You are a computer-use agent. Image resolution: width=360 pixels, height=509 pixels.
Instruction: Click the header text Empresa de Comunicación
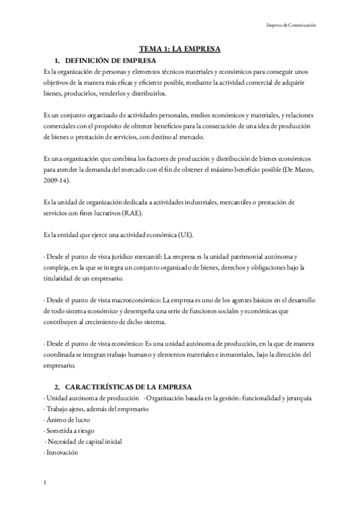(290, 25)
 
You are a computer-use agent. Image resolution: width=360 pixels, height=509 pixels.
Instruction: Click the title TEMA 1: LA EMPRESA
(179, 50)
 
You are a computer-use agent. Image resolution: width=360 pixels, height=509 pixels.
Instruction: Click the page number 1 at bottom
(46, 482)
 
